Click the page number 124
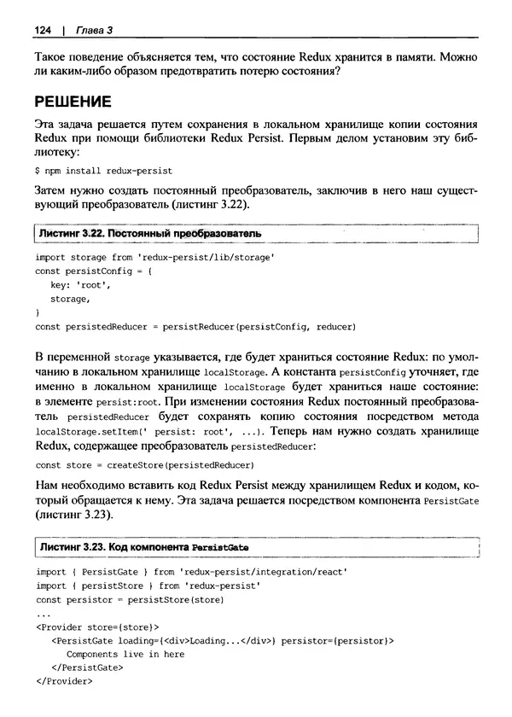point(43,31)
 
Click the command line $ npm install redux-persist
point(103,171)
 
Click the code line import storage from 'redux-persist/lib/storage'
point(154,256)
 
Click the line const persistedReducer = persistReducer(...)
point(195,326)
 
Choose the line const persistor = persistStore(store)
point(129,599)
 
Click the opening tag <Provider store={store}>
point(98,627)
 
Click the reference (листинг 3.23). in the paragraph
point(73,516)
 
